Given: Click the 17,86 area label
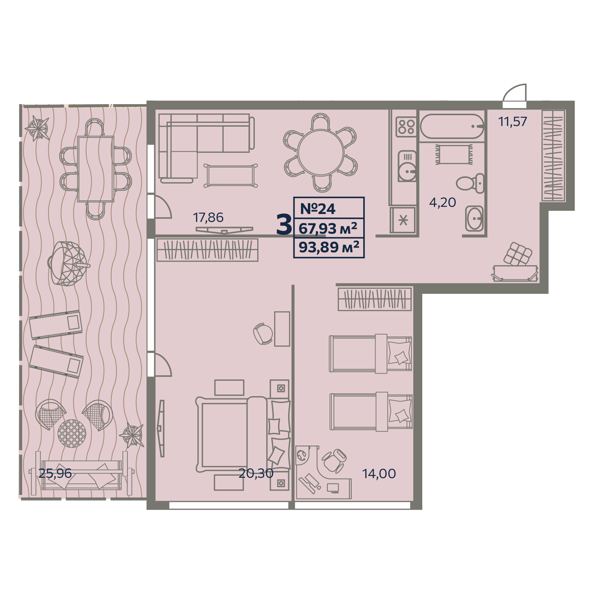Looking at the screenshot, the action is click(208, 217).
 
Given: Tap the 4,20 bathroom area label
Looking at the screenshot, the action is click(442, 203).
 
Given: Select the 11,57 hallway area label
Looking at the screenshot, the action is click(513, 122).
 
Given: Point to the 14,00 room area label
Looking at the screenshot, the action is click(379, 473).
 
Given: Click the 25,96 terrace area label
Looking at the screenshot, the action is click(55, 473).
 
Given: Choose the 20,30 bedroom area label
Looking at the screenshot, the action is click(256, 473).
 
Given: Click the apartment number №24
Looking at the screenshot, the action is click(318, 209).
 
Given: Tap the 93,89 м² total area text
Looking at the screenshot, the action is click(329, 247).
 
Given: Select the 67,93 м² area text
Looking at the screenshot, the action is click(328, 228).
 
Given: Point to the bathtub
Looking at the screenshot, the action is click(452, 126).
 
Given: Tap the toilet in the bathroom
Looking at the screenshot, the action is click(470, 184).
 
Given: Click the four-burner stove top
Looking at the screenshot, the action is click(406, 127).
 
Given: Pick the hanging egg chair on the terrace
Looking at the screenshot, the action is click(68, 263).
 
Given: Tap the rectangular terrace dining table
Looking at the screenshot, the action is click(96, 169).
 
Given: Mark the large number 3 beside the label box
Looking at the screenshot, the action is click(284, 225).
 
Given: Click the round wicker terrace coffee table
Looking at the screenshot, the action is click(72, 433).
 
